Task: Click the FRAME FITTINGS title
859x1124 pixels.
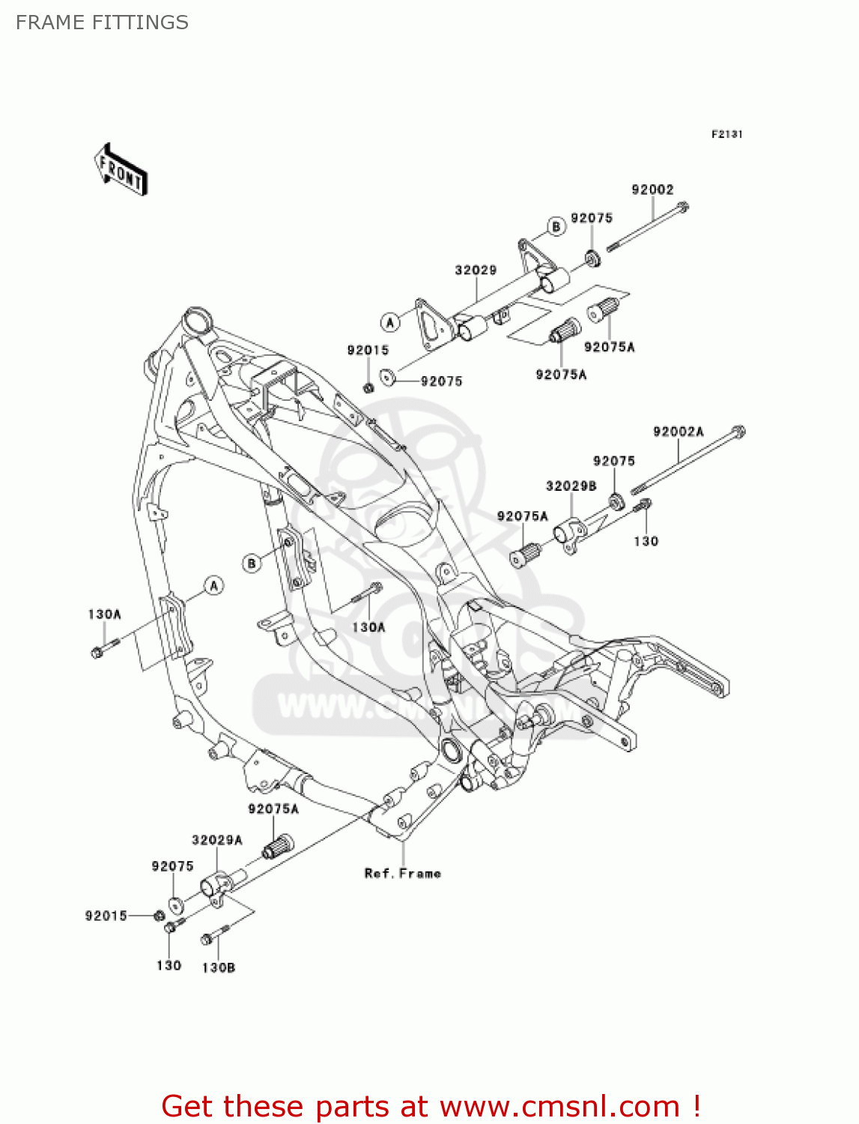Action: click(102, 22)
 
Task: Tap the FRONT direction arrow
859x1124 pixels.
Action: click(121, 170)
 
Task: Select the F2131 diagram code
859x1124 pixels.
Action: click(726, 134)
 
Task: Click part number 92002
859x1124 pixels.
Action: click(652, 190)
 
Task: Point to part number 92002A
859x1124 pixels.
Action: click(678, 432)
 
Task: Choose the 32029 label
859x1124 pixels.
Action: click(476, 270)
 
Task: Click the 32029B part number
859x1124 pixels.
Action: click(571, 486)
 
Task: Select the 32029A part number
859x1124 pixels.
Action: click(217, 840)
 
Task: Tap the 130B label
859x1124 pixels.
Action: click(219, 967)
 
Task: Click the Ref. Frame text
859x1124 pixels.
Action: click(403, 873)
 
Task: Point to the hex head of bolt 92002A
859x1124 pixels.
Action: click(738, 432)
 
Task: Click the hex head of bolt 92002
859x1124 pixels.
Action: click(682, 207)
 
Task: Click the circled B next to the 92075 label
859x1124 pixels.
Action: click(556, 226)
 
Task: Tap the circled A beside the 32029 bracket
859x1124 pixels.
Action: click(389, 322)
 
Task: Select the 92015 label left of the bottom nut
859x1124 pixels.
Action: click(106, 916)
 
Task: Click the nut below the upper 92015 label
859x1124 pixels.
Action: click(368, 387)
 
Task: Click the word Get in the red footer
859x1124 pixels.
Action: click(189, 1107)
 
